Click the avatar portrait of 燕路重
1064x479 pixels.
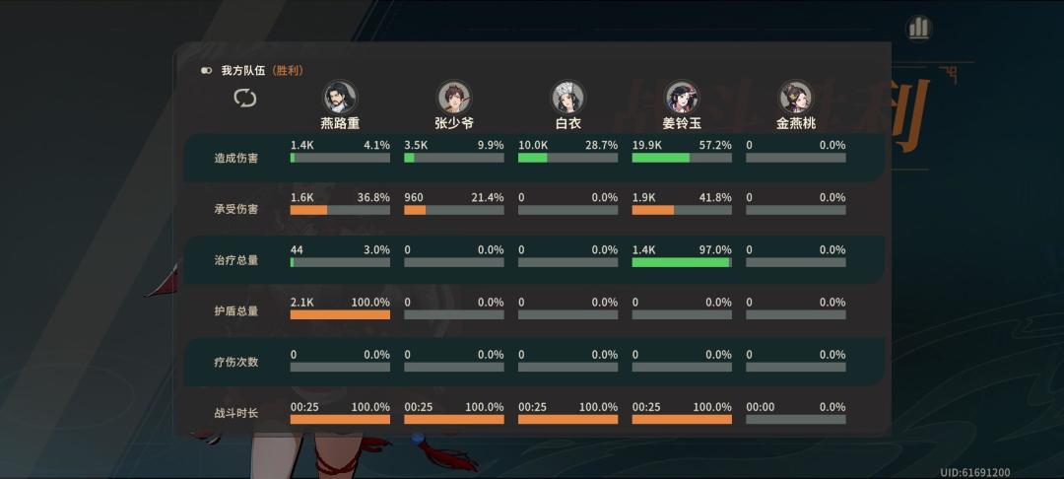pos(340,97)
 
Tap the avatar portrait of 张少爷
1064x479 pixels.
pos(454,97)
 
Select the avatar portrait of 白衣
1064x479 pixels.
pos(567,97)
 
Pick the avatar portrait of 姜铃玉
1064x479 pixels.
pos(682,97)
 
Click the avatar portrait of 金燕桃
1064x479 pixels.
pos(795,97)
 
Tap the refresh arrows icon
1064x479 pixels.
pos(244,98)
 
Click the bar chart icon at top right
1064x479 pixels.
pos(919,28)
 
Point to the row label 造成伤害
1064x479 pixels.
pos(235,158)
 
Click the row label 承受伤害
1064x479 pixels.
pos(235,209)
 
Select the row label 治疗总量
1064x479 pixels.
pos(235,260)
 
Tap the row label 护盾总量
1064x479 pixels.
pos(235,311)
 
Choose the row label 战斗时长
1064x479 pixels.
pos(235,413)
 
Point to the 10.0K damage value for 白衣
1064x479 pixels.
pos(533,145)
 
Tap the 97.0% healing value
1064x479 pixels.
pos(713,250)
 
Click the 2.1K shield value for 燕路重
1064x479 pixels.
pos(302,302)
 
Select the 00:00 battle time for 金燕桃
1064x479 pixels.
pos(760,406)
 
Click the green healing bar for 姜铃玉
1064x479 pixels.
pos(680,262)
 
